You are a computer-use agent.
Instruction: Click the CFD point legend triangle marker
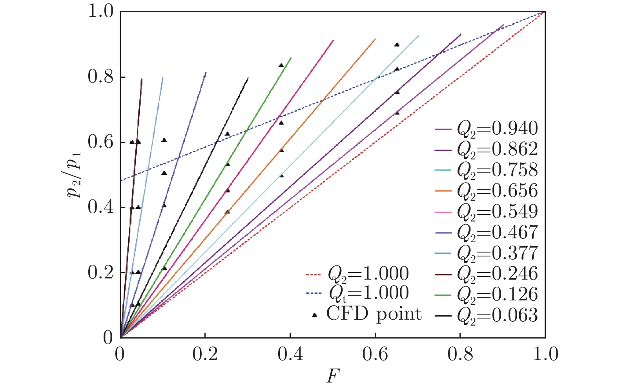pyautogui.click(x=314, y=315)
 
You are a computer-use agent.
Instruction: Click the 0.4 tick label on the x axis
pyautogui.click(x=290, y=355)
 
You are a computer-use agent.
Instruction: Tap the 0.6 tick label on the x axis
pyautogui.click(x=375, y=355)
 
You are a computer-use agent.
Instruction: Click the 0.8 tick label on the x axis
pyautogui.click(x=460, y=355)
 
